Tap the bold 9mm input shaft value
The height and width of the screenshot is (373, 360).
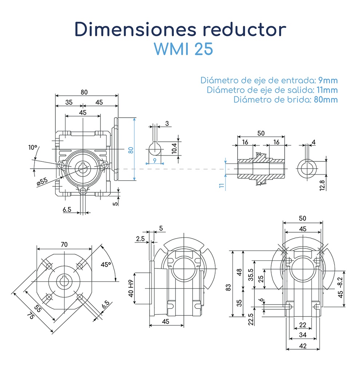coord(327,80)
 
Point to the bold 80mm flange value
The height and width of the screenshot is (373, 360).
coord(325,99)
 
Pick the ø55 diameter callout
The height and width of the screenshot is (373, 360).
coord(43,181)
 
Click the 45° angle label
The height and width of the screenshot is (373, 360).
coord(106,265)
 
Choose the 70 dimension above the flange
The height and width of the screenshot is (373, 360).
coord(64,245)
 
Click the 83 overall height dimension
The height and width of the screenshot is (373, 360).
coord(228,287)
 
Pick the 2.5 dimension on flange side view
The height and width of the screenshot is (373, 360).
coord(140,239)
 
